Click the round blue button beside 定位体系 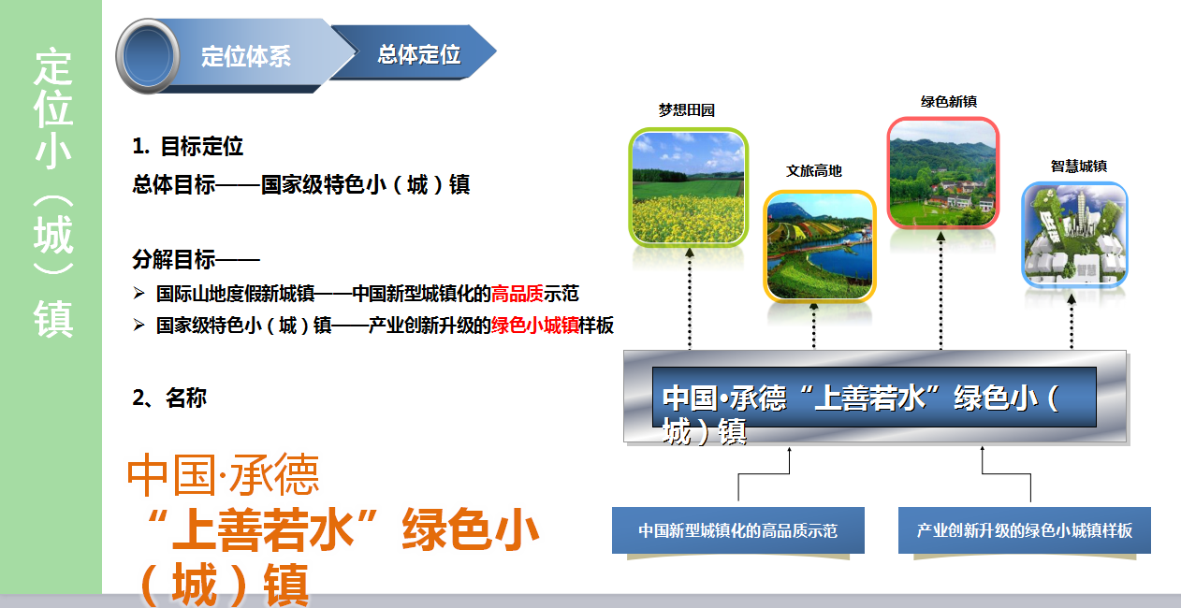(x=148, y=56)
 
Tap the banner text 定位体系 (x=246, y=56)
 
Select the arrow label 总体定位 (x=419, y=54)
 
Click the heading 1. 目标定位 (x=188, y=146)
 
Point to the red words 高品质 (x=517, y=294)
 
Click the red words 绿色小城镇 (x=534, y=326)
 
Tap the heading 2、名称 (x=169, y=398)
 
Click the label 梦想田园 (x=687, y=110)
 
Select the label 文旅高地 (x=814, y=170)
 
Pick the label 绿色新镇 (x=949, y=102)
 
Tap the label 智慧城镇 (x=1079, y=166)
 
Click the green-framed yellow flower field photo (x=689, y=188)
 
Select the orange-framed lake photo (x=820, y=247)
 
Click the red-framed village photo (x=943, y=173)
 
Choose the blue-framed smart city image (x=1074, y=235)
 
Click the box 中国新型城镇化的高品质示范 (x=738, y=530)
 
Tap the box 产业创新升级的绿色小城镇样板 (x=1025, y=530)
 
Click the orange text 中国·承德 (x=223, y=474)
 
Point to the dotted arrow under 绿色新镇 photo (x=941, y=291)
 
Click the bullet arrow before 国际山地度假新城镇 (x=139, y=294)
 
